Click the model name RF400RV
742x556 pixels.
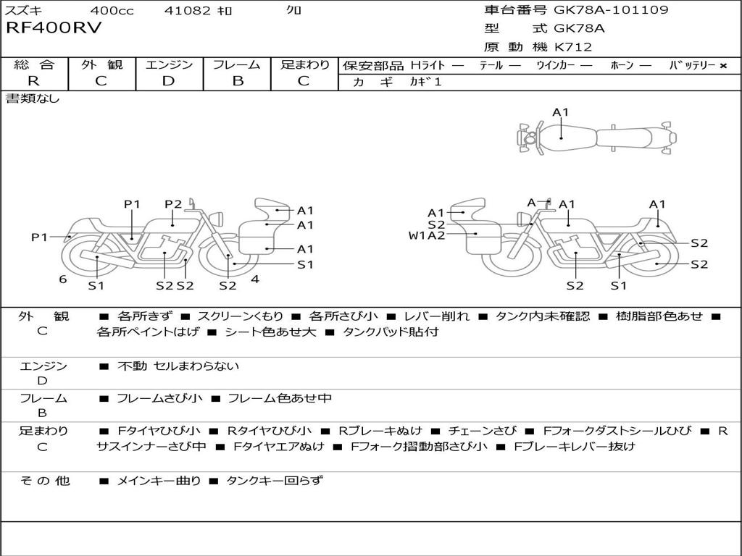click(x=54, y=29)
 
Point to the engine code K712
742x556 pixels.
click(x=573, y=47)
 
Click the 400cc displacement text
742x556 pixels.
click(x=107, y=11)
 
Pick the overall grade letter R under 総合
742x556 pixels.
click(x=34, y=81)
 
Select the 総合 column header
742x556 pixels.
click(x=34, y=65)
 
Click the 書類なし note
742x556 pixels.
click(x=33, y=98)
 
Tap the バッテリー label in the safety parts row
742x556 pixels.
click(x=692, y=66)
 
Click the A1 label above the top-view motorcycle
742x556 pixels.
click(x=561, y=112)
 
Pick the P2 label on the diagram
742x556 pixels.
click(x=173, y=204)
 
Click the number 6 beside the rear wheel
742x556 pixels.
click(x=63, y=279)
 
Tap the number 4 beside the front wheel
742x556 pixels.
click(x=255, y=279)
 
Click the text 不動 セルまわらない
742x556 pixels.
click(x=178, y=366)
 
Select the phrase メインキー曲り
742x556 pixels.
click(x=159, y=480)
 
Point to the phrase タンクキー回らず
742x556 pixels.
click(x=275, y=480)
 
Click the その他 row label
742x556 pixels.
click(x=44, y=480)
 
